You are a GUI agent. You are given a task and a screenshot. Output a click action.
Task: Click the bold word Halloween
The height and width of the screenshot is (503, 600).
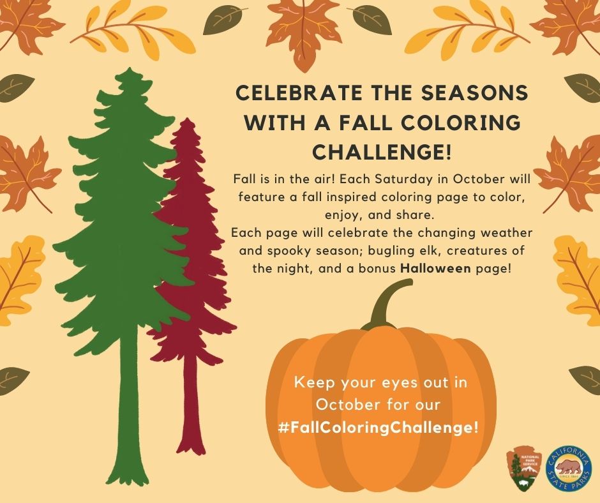pyautogui.click(x=435, y=268)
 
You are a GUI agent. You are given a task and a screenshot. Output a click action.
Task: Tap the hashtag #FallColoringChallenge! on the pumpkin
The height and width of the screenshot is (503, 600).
pyautogui.click(x=379, y=427)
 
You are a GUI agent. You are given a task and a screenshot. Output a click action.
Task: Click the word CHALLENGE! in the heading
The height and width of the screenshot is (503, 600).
pyautogui.click(x=382, y=152)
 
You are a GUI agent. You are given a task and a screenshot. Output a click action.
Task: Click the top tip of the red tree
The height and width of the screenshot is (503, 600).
pyautogui.click(x=187, y=119)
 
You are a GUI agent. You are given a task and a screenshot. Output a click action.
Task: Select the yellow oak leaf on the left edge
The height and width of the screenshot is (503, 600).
pyautogui.click(x=19, y=280)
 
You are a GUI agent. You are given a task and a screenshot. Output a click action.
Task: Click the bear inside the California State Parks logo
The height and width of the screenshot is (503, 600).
pyautogui.click(x=569, y=467)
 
